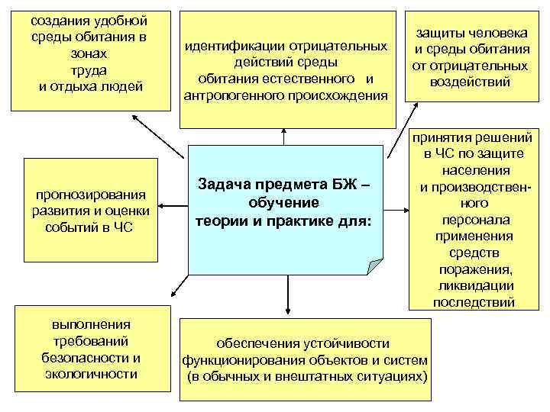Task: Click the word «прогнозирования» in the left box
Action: coord(90,195)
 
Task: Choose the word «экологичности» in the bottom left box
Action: coord(91,374)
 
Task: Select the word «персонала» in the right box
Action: coord(474,220)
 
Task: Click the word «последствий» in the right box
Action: coord(474,302)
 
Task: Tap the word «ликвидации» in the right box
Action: coord(474,286)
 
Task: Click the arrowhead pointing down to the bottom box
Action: coord(287,311)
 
